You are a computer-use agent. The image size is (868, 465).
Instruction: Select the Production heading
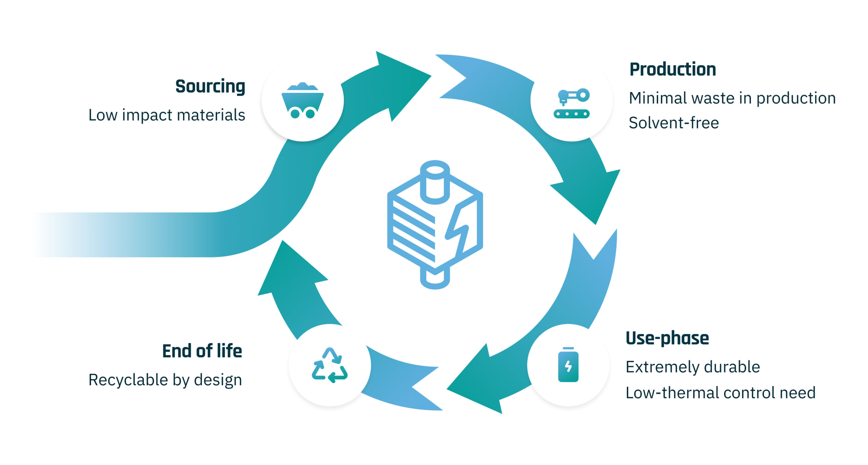tap(672, 70)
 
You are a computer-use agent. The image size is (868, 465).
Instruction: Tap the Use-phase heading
tap(667, 338)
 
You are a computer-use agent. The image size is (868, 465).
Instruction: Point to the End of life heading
tap(202, 351)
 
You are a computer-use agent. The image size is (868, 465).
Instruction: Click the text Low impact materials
tap(166, 115)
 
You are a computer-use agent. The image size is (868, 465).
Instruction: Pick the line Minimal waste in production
tap(732, 98)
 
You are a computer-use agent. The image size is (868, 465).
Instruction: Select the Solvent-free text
tap(673, 123)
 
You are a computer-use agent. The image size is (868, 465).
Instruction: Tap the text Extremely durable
tap(693, 367)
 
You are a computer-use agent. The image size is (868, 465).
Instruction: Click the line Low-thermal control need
tap(720, 392)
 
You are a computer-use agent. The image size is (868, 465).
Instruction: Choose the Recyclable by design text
tap(165, 380)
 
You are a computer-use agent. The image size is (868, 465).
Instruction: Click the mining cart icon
tap(302, 100)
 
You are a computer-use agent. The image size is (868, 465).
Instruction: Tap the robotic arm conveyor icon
tap(572, 103)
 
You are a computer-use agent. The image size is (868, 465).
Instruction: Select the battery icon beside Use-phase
tap(568, 365)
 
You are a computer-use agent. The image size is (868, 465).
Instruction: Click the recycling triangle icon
tap(330, 365)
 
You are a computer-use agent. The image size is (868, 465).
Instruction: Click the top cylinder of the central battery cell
tap(435, 181)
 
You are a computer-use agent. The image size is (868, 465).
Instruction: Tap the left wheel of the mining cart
tap(295, 114)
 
